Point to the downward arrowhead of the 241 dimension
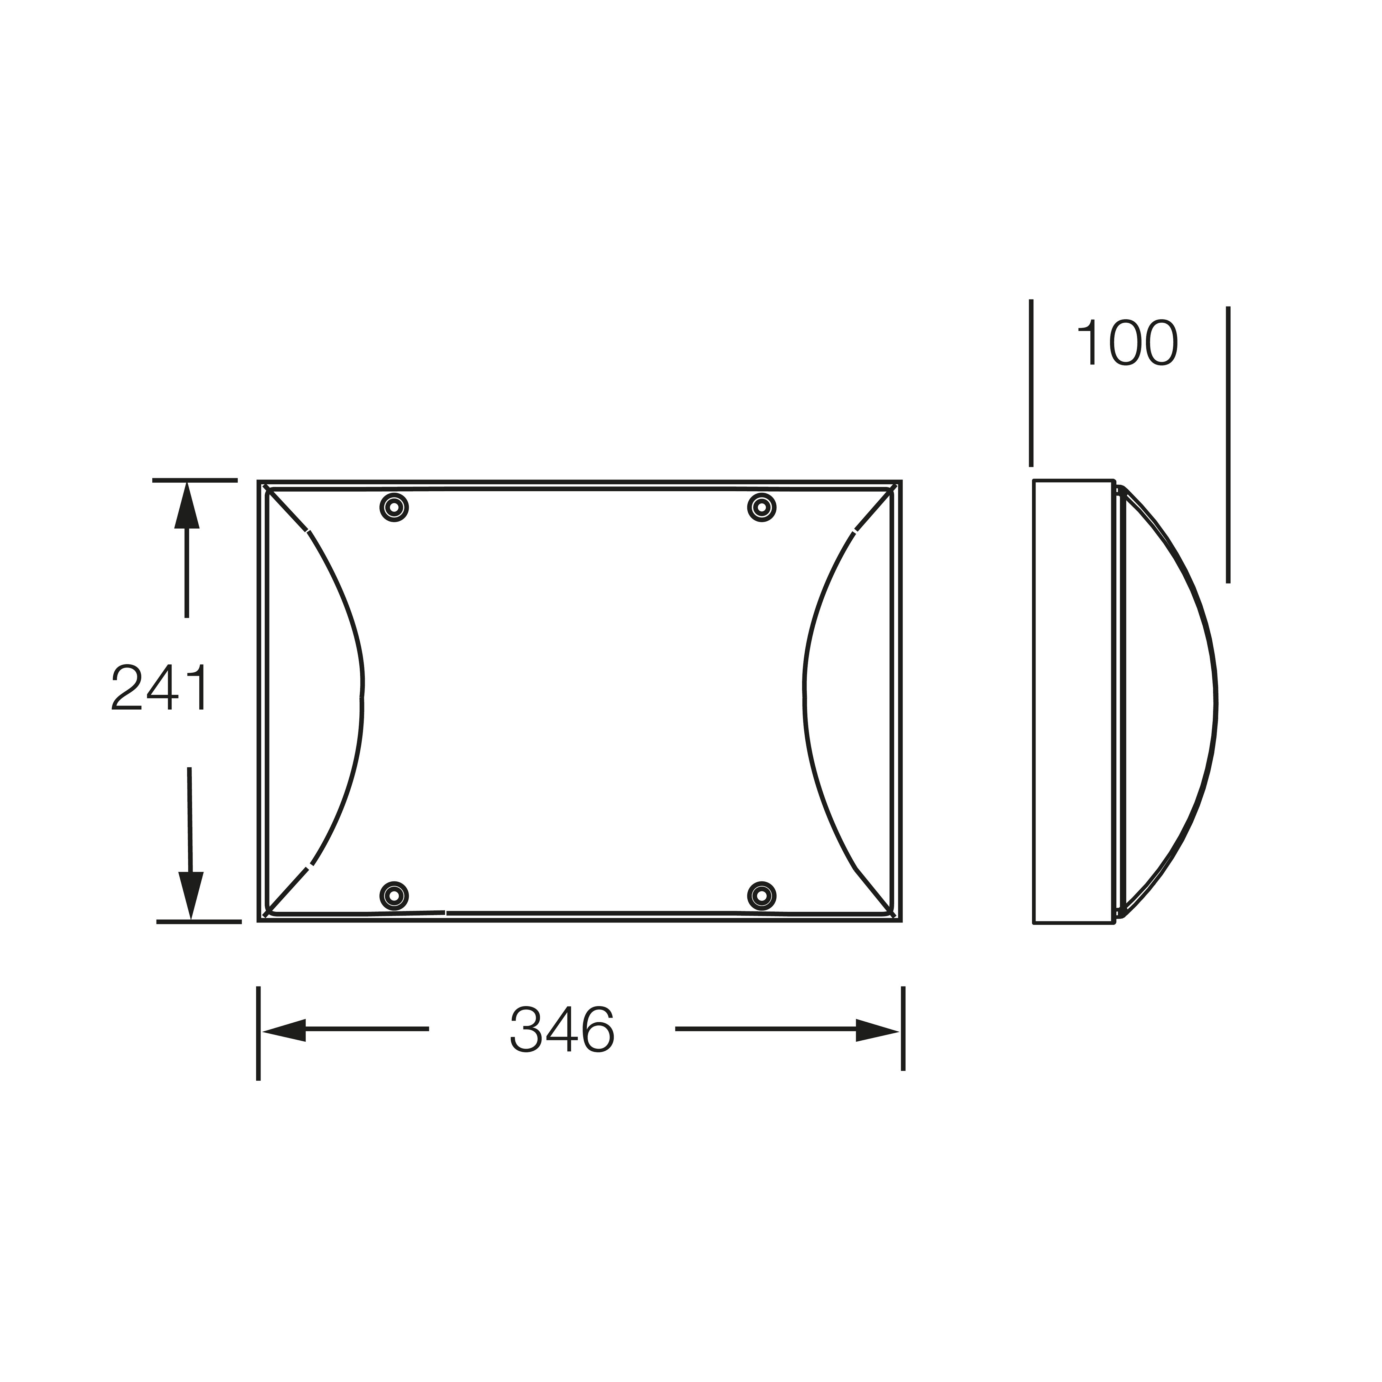(x=190, y=895)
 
